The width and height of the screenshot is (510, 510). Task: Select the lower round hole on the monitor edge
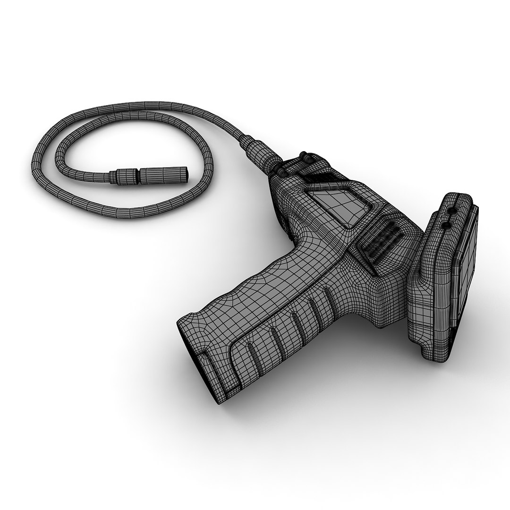pyautogui.click(x=444, y=226)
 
